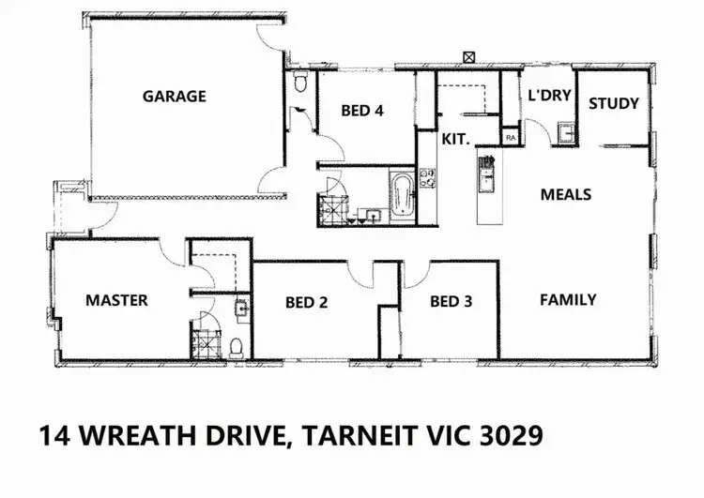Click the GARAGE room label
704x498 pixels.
[x=174, y=96]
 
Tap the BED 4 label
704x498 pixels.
[x=361, y=111]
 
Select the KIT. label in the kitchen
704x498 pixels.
[x=455, y=139]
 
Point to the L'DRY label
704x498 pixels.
[x=544, y=95]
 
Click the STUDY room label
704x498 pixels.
[x=614, y=103]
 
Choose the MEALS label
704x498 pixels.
[x=566, y=194]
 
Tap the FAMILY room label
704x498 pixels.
[x=568, y=300]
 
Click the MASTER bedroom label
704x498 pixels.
[x=116, y=300]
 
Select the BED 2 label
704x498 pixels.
[x=306, y=302]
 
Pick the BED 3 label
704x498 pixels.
[x=451, y=301]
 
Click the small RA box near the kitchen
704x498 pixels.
[x=511, y=137]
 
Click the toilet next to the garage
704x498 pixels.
[x=299, y=83]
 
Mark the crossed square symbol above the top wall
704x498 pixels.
[x=468, y=55]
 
